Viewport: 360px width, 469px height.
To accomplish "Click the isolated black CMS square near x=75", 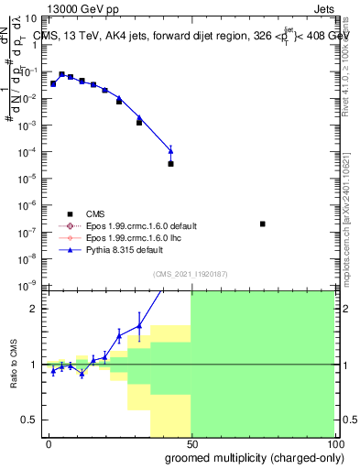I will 263,224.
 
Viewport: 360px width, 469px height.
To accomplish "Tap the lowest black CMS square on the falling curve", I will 171,164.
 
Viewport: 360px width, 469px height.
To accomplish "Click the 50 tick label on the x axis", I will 191,443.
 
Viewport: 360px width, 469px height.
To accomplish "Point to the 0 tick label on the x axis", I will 49,443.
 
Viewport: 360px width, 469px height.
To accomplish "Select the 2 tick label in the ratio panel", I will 35,309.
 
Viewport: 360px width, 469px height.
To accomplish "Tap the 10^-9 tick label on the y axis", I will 28,286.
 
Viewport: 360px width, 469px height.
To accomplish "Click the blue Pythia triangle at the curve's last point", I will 171,150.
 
